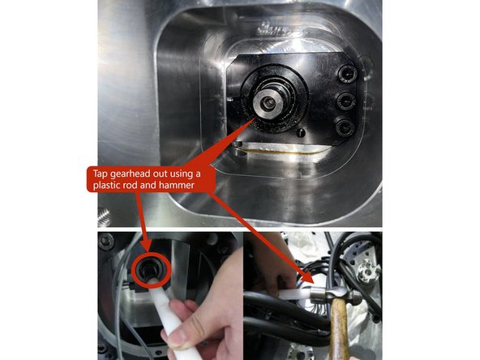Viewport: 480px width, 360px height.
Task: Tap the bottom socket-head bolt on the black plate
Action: pos(345,126)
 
